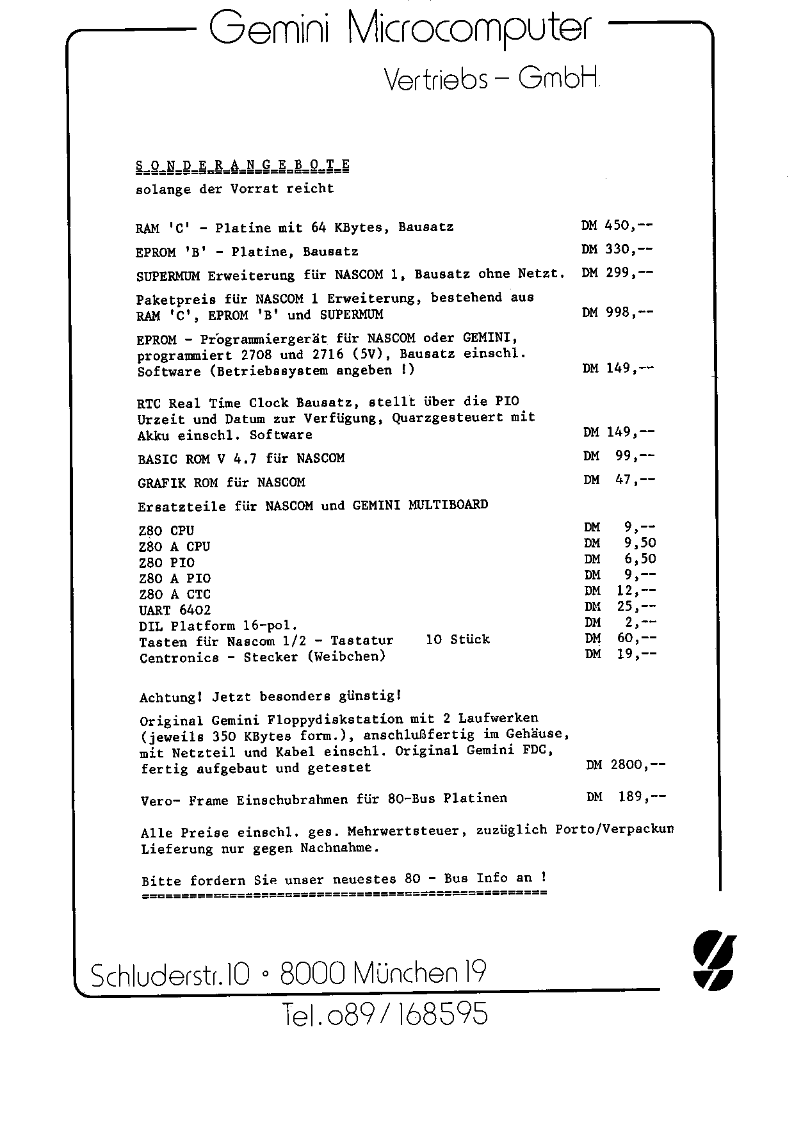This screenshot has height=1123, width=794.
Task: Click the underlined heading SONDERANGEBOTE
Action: point(243,165)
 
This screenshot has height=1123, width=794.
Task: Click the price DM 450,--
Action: point(617,225)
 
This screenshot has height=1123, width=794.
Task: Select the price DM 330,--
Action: point(617,249)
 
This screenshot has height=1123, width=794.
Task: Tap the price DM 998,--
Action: point(617,312)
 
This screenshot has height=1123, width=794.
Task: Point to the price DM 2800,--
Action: point(626,764)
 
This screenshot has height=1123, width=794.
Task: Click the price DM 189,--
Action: point(626,796)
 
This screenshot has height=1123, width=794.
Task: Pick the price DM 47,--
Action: point(619,480)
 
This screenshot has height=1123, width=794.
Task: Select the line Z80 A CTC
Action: point(174,594)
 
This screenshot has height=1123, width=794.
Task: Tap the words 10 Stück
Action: point(457,639)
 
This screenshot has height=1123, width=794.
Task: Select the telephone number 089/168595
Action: point(385,1014)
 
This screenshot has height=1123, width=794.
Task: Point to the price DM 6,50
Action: point(620,559)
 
